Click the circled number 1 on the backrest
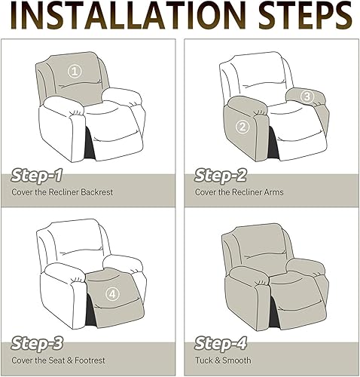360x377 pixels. tap(75, 72)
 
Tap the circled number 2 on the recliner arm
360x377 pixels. tap(243, 127)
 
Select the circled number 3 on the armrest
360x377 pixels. tap(307, 97)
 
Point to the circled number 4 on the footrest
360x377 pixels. tap(112, 293)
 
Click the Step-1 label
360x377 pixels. tap(37, 175)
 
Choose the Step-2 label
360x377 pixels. tap(221, 175)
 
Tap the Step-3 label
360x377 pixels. tap(37, 343)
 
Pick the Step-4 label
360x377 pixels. tap(221, 343)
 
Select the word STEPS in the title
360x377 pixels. tap(305, 16)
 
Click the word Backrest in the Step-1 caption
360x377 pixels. tap(97, 192)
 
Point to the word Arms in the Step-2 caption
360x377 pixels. tap(273, 192)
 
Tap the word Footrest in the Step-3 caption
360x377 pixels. tap(90, 360)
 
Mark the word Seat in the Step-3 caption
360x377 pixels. tap(57, 360)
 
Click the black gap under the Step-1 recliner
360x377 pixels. tap(89, 144)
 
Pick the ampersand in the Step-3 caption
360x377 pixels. tap(70, 360)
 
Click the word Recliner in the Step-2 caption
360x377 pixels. tap(247, 192)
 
